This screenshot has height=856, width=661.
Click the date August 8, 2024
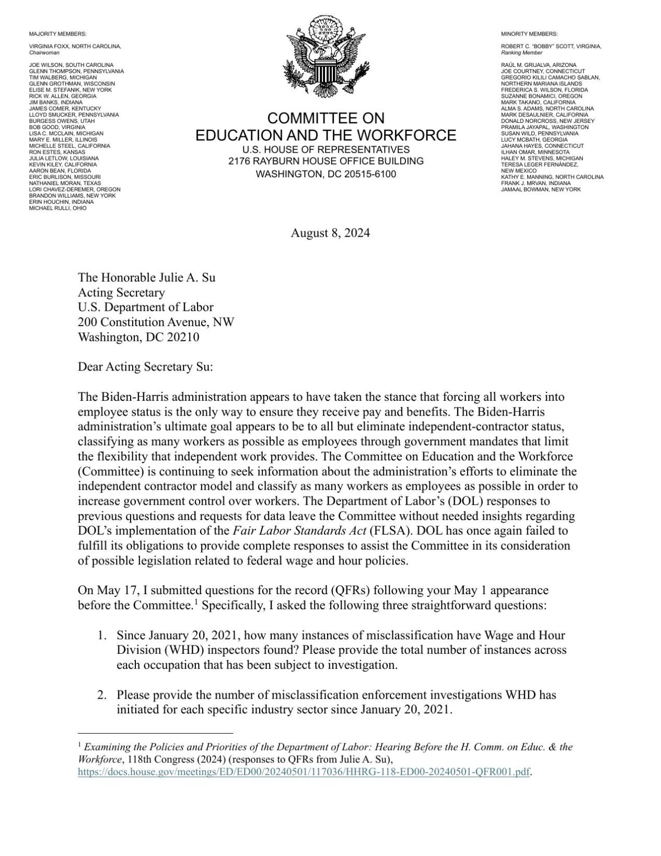tap(330, 233)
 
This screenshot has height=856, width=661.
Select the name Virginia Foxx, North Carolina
tap(75, 47)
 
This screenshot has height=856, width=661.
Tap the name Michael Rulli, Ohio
tap(57, 208)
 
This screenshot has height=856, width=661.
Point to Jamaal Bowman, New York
tap(540, 189)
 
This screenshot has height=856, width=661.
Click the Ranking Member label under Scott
tap(521, 53)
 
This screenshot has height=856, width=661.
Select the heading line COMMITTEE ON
tap(326, 118)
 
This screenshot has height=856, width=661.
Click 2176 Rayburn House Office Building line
tap(326, 161)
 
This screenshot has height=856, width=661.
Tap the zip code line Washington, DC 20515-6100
tap(326, 174)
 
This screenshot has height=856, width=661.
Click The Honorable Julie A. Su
tap(146, 277)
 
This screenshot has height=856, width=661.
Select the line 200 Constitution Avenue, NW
tap(156, 322)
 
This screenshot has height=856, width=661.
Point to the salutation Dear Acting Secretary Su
tap(145, 367)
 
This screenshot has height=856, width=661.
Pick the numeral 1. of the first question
tap(102, 636)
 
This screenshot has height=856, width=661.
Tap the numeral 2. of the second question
tap(102, 696)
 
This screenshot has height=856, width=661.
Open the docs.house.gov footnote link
tap(303, 772)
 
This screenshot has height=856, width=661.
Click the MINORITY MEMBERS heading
tap(529, 34)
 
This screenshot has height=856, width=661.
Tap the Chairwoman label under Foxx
tap(44, 53)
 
